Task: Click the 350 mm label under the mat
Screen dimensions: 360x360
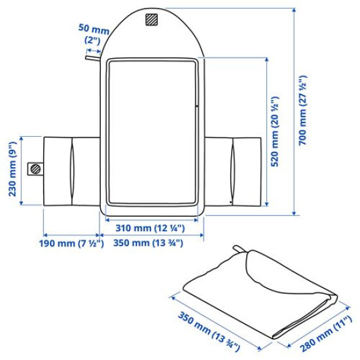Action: [149, 243]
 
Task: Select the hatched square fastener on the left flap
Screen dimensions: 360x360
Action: [35, 169]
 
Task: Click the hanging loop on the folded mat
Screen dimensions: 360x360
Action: [238, 249]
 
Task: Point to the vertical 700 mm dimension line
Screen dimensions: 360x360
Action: [294, 111]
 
